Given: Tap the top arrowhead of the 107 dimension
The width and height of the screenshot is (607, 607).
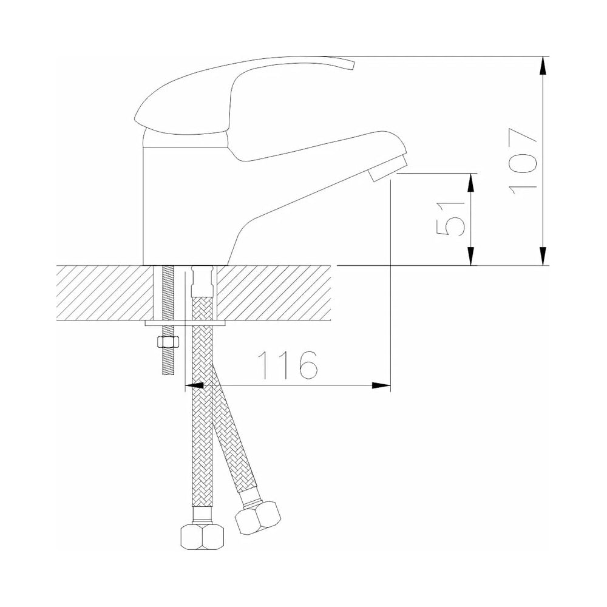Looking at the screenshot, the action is coord(544,66).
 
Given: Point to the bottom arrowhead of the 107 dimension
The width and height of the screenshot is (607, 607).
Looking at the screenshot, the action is coord(544,256).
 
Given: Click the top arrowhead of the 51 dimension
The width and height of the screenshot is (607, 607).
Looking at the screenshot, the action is coord(471,183).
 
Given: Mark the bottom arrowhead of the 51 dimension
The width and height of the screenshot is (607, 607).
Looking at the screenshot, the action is coord(471,256).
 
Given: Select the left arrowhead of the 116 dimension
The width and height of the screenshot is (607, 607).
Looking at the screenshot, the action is coord(195,385).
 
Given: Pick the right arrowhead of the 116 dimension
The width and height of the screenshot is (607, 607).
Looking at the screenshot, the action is coord(381,385).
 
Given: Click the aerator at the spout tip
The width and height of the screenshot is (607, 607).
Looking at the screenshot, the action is coord(388,168).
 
